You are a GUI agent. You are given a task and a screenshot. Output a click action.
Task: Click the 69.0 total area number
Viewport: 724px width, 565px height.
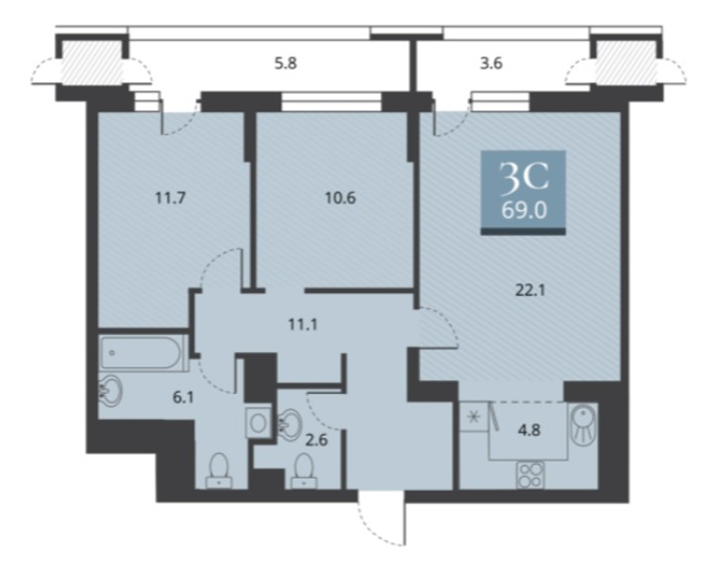[x=524, y=211]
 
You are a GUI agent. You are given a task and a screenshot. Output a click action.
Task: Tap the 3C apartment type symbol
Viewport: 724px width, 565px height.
[x=524, y=177]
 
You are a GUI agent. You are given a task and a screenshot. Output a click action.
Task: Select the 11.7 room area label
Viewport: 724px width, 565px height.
[x=170, y=198]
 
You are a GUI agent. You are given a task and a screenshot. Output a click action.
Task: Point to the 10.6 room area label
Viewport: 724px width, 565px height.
[x=340, y=198]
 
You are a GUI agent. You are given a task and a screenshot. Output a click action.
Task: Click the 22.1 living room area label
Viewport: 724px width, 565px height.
[x=530, y=291]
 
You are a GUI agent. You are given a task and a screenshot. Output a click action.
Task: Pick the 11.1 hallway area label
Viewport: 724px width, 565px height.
[x=303, y=325]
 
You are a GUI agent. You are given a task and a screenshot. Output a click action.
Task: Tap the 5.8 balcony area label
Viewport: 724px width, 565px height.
[x=285, y=62]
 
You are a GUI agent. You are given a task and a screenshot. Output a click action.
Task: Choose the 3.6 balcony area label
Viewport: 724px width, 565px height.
[x=491, y=62]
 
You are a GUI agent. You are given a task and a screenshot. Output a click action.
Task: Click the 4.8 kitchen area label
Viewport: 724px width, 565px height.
[x=529, y=430]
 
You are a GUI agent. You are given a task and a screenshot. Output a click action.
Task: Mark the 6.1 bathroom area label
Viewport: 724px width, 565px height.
[x=183, y=397]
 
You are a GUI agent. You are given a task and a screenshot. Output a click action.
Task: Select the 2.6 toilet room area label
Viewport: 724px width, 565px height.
[x=316, y=440]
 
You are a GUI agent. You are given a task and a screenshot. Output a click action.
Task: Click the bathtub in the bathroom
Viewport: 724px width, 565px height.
[x=142, y=353]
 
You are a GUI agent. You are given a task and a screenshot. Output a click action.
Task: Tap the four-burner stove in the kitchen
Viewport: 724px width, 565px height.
[x=530, y=475]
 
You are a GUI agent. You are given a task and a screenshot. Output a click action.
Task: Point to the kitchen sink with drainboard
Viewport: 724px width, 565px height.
[x=584, y=425]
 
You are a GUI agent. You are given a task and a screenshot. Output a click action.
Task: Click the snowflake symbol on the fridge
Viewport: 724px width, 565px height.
[x=472, y=417]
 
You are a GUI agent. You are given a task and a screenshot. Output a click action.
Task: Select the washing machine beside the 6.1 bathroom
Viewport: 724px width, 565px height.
[x=259, y=422]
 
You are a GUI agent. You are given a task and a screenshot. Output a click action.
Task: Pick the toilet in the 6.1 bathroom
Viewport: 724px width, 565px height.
[x=219, y=471]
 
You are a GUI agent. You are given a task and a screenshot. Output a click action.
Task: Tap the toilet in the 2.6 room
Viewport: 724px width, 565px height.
[x=304, y=471]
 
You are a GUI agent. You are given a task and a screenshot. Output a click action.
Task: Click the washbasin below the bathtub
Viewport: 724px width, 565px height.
[x=110, y=391]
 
